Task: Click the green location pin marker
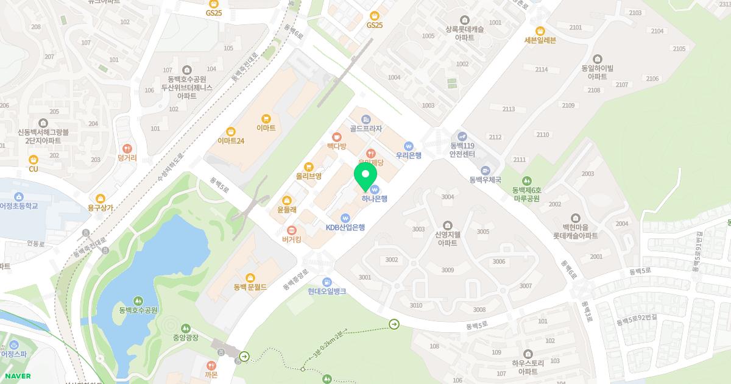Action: tap(365, 176)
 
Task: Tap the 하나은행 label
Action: tap(374, 198)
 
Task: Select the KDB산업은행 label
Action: tap(345, 227)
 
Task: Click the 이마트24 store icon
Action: tap(231, 131)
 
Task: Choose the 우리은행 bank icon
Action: tap(409, 146)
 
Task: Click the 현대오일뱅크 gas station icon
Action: tap(327, 282)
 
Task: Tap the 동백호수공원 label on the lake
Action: tap(139, 310)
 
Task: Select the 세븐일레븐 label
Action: tap(540, 40)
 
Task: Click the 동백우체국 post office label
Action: tap(485, 180)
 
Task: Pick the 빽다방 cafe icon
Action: tap(336, 146)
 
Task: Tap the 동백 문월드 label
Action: tap(250, 286)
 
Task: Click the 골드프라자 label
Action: tap(365, 129)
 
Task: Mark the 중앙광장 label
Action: tap(186, 338)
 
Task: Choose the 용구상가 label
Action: tap(101, 208)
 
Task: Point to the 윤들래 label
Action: tap(287, 210)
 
